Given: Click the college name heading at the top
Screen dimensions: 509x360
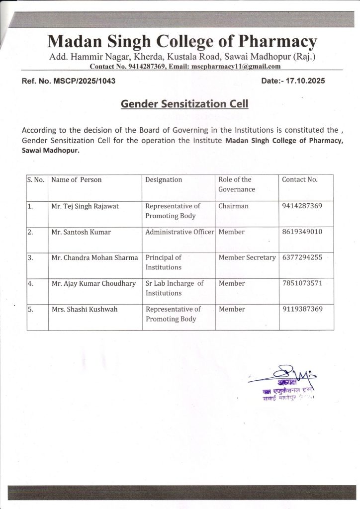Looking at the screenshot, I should click(x=181, y=40).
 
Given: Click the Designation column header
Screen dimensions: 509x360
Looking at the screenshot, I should click(x=164, y=179).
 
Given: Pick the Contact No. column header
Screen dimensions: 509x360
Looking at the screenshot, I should click(x=299, y=179).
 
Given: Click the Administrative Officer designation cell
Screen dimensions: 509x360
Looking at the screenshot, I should click(x=180, y=232).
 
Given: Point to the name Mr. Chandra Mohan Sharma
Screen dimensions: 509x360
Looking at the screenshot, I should click(x=94, y=258).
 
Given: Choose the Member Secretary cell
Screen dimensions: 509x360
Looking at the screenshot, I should click(x=247, y=258).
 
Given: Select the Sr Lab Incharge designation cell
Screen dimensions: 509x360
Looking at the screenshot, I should click(x=174, y=288).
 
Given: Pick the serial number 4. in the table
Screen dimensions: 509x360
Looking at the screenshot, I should click(x=31, y=283).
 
